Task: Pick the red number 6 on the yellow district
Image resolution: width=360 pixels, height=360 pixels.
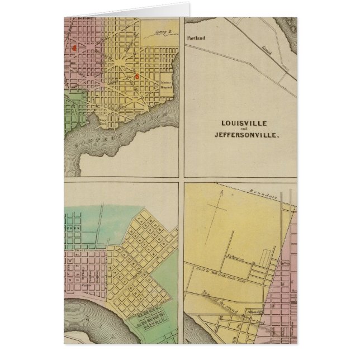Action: [x=137, y=75]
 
